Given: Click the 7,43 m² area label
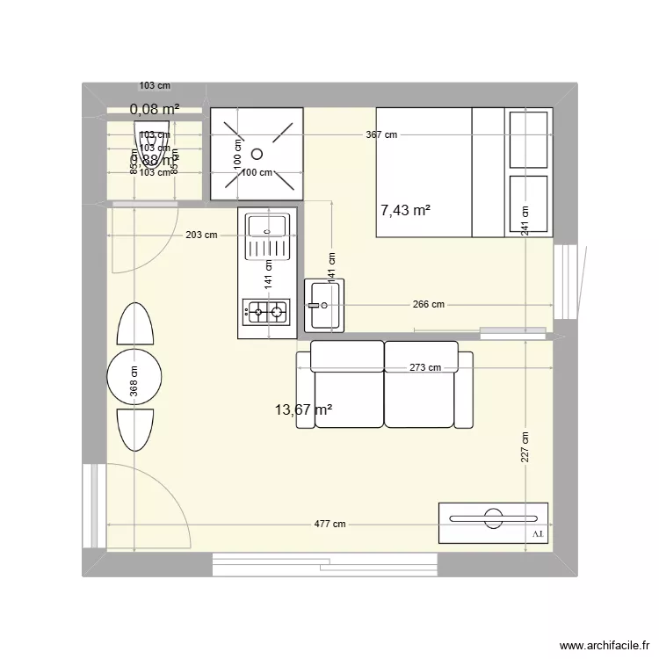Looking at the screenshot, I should click(x=404, y=211).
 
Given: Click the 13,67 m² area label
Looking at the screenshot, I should click(x=303, y=409).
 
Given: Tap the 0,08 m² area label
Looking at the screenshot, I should click(x=155, y=110).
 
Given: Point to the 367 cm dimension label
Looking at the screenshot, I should click(x=381, y=134).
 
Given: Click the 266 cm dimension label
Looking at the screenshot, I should click(x=428, y=305).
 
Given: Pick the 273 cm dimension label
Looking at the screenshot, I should click(x=424, y=367).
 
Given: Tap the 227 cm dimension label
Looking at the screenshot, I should click(x=524, y=449).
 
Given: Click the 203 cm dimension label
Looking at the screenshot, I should click(x=201, y=235).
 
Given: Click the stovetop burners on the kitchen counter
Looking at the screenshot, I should click(x=267, y=310).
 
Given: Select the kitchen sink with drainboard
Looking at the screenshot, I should click(x=267, y=238).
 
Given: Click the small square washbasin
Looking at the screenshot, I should click(x=325, y=305).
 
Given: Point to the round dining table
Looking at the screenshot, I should click(x=134, y=378).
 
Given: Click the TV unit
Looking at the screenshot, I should click(x=493, y=524).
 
